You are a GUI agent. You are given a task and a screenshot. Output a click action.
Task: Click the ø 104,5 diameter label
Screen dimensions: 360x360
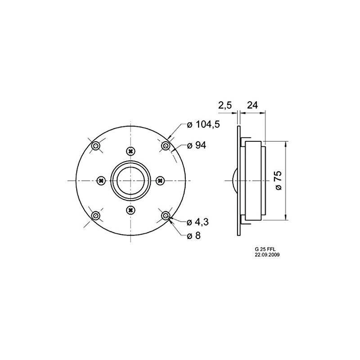(203, 125)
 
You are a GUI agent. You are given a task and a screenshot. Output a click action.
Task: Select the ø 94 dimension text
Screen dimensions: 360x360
(197, 145)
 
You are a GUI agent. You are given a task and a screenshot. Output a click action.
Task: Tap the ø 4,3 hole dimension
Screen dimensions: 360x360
(198, 222)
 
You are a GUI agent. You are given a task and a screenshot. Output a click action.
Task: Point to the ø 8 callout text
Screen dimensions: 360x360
(194, 235)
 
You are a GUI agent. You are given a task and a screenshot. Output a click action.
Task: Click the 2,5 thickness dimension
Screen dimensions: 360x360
(225, 105)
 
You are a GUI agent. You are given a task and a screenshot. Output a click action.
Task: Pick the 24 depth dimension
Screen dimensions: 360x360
(252, 105)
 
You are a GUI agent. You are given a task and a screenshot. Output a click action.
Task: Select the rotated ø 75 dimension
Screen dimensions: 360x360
(278, 180)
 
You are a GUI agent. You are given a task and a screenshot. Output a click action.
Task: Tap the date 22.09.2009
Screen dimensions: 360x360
(267, 255)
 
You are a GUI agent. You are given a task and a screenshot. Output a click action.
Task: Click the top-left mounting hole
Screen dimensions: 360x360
(95, 146)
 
